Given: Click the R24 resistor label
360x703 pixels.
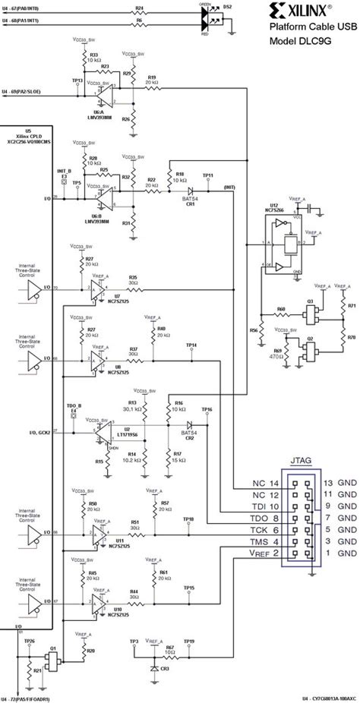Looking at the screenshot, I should [138, 7].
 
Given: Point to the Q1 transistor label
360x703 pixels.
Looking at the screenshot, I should [54, 654].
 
